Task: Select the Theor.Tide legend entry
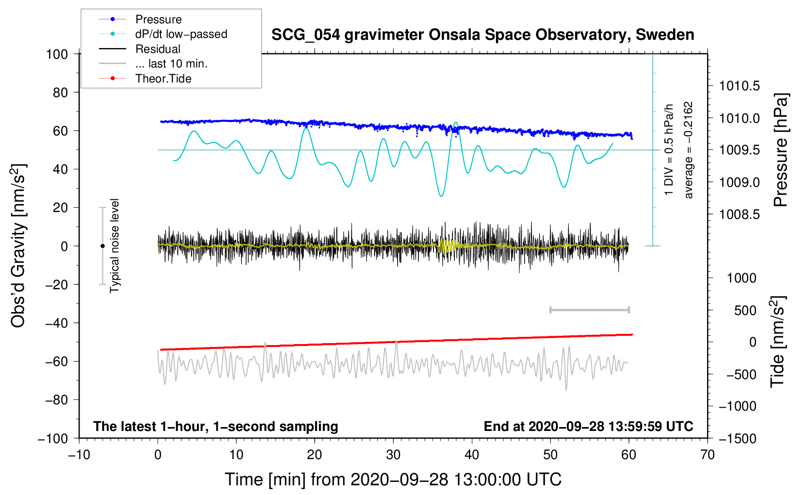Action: (x=163, y=79)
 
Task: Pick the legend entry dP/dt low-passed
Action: (x=181, y=34)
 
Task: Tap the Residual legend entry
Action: (x=158, y=49)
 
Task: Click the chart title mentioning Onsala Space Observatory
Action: (x=483, y=35)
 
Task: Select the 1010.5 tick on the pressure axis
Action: (x=739, y=86)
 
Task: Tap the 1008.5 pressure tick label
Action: (x=739, y=214)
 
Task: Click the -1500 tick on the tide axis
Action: (x=737, y=439)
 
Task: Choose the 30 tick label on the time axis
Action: (x=393, y=455)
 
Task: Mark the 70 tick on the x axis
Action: (x=708, y=455)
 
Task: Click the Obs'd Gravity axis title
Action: (x=18, y=246)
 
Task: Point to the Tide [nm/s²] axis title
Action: (x=778, y=342)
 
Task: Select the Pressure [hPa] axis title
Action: (x=781, y=150)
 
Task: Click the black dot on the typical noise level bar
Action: (x=102, y=246)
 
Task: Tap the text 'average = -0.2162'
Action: (x=689, y=150)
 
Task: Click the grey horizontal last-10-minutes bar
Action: (x=589, y=310)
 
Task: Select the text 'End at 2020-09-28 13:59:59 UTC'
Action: (x=588, y=427)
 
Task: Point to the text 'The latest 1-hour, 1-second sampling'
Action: (x=216, y=427)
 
